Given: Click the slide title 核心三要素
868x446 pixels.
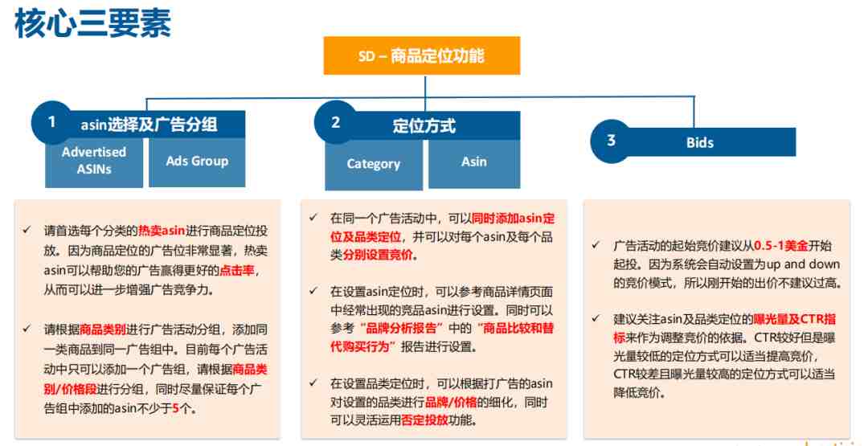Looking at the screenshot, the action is click(92, 24).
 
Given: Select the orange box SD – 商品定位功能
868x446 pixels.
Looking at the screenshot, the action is click(422, 55).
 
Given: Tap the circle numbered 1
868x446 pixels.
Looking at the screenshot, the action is click(52, 121).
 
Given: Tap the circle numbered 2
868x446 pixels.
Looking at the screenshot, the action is click(335, 122).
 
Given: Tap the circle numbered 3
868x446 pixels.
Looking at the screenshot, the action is click(611, 141).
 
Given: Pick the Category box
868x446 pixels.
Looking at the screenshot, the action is click(374, 165).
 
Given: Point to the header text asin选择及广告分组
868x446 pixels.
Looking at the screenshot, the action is click(149, 125).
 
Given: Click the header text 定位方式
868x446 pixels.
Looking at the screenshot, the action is click(424, 125).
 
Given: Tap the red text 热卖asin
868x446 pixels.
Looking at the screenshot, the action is click(162, 231).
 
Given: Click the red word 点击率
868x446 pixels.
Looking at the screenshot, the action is click(240, 271).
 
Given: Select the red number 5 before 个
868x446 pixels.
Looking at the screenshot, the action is click(175, 409).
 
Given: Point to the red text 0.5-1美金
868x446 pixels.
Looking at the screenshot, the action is click(781, 246).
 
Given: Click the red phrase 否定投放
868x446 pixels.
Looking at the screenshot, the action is click(424, 420).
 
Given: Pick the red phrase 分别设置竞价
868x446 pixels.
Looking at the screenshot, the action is click(378, 255).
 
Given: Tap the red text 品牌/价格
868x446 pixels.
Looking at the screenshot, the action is click(451, 403).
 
